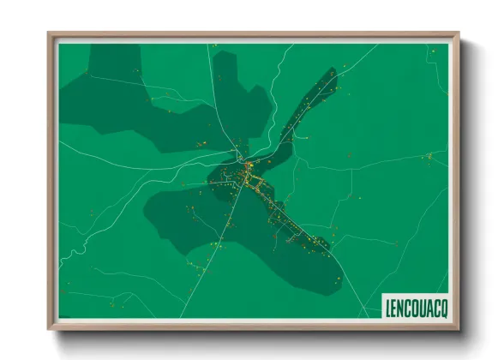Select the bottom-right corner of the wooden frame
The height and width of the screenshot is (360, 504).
click(x=458, y=328)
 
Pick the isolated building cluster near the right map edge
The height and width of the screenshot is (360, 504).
click(x=429, y=156)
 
